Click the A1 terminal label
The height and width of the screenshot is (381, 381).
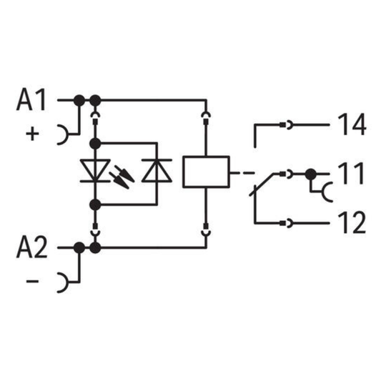point(31,99)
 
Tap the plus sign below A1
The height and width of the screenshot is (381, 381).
point(32,134)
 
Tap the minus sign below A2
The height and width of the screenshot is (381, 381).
point(32,281)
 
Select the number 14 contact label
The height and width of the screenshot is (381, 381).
point(352,124)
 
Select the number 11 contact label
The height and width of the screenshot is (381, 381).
point(351,174)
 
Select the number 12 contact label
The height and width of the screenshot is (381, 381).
point(352,222)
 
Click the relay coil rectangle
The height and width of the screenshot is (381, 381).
point(206,172)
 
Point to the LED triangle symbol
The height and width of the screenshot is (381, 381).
point(95,170)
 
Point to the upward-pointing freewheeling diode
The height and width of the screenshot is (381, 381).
point(157,170)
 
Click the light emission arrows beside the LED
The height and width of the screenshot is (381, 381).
point(122,177)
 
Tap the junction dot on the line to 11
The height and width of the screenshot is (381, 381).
point(311,174)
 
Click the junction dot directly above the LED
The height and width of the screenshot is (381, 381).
point(95,144)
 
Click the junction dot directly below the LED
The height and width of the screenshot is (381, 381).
point(95,204)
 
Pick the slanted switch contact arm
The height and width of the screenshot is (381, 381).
point(262,184)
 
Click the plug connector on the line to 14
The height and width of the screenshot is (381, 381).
point(286,125)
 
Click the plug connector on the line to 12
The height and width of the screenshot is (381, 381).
point(286,223)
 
